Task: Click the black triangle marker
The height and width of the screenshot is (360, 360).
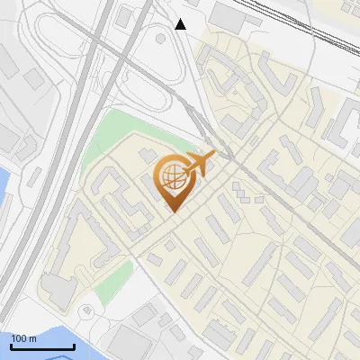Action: click(x=181, y=24)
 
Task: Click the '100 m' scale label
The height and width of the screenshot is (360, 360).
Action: click(x=23, y=338)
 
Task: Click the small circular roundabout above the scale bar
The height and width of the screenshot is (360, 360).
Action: click(x=86, y=310)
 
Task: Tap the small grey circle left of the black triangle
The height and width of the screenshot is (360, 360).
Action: click(x=160, y=37)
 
